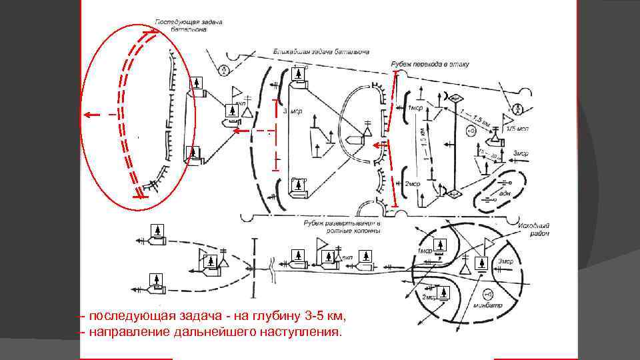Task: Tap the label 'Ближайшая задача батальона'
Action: [x=321, y=51]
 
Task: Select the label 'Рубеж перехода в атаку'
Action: [x=430, y=63]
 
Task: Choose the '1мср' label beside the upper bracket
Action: [x=413, y=107]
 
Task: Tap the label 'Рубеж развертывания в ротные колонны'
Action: [x=342, y=227]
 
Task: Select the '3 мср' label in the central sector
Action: [x=293, y=111]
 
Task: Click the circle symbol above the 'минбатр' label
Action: [x=487, y=294]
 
